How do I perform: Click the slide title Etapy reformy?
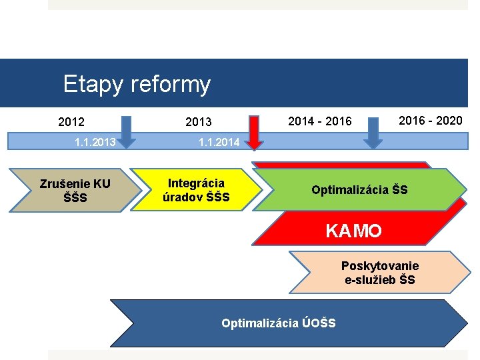coord(137,85)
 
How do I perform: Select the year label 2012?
coord(71,122)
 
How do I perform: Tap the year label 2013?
coord(198,122)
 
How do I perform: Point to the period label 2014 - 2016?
coord(319,121)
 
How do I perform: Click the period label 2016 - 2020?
coord(429,120)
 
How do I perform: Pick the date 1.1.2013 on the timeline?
coord(95,142)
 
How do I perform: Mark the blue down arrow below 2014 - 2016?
coord(373,132)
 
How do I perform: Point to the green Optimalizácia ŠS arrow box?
coord(360,190)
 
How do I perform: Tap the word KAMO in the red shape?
coord(353,231)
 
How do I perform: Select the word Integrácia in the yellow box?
coord(197,183)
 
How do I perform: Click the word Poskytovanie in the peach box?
coord(380,266)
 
